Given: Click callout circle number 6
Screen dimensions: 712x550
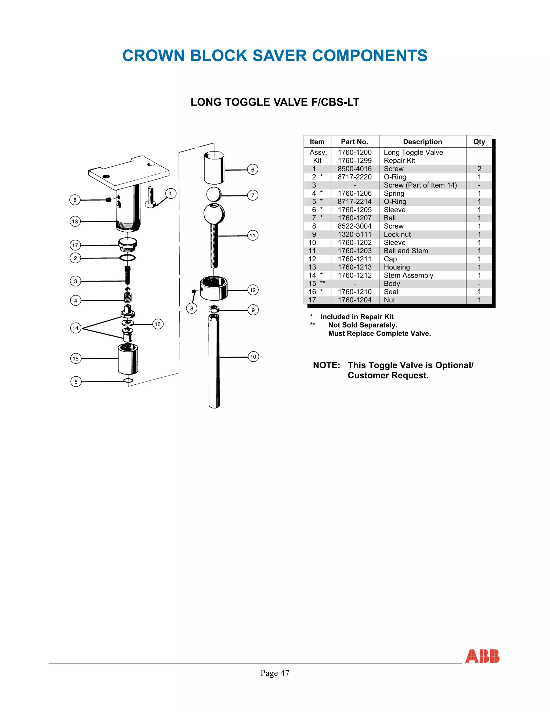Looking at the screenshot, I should click(x=252, y=170).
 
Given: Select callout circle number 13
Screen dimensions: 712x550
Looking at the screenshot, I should click(x=75, y=221).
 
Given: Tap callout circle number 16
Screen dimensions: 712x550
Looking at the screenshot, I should click(x=158, y=324).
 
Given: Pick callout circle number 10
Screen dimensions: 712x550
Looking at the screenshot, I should click(x=253, y=357).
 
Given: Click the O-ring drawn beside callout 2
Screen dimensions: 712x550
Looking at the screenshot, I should click(x=127, y=258).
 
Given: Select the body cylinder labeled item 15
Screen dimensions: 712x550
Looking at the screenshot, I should click(x=128, y=359).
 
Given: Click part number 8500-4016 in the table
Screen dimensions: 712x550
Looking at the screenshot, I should click(x=354, y=169).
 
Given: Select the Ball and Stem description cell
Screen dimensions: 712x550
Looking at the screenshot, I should click(x=406, y=251).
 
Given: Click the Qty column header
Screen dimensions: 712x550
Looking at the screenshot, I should click(x=479, y=142).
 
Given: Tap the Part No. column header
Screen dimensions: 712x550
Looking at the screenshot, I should click(x=354, y=142).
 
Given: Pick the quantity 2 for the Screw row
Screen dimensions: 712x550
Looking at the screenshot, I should click(x=479, y=169).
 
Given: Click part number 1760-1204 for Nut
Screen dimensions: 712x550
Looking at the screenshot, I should click(x=354, y=300).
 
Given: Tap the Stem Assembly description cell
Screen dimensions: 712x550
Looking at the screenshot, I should click(x=408, y=275).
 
